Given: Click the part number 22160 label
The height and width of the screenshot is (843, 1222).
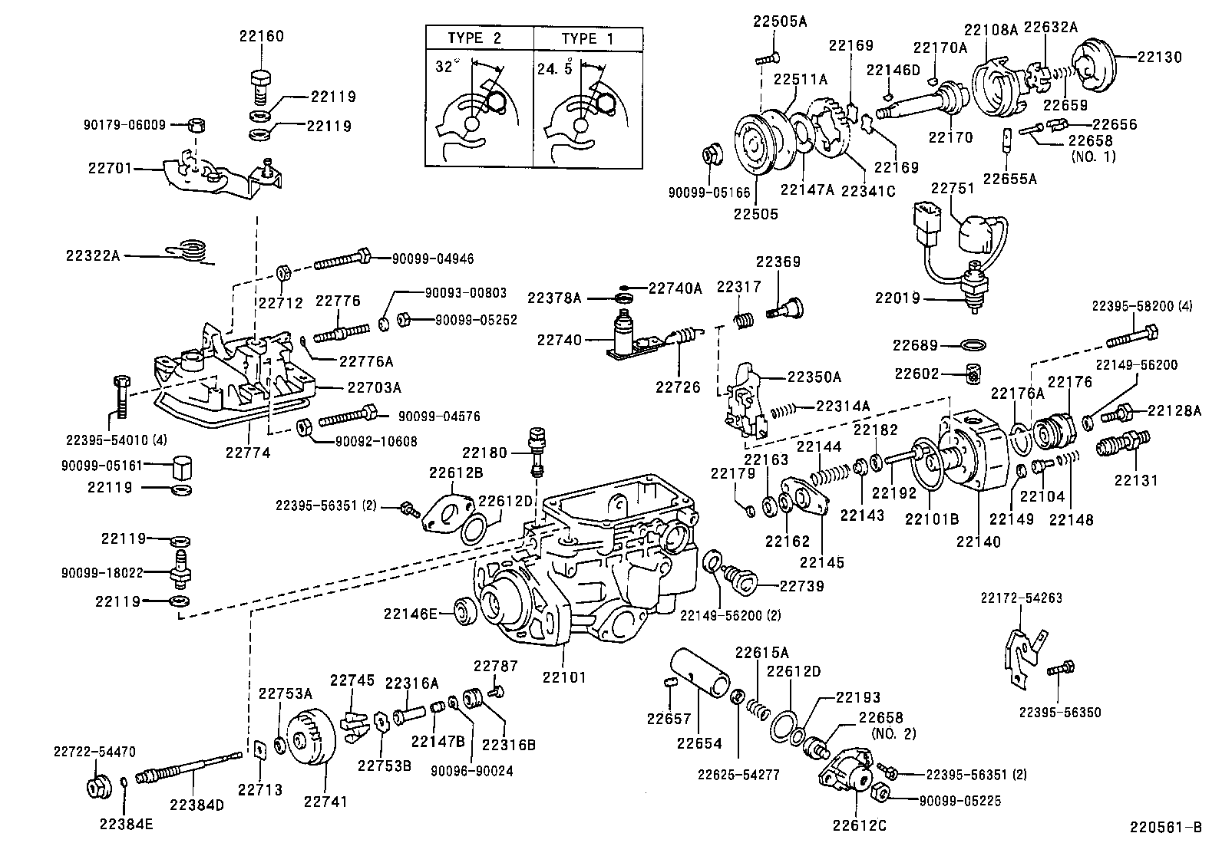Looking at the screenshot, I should click(x=261, y=35).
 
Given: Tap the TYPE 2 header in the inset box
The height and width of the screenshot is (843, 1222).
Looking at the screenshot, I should click(x=476, y=38).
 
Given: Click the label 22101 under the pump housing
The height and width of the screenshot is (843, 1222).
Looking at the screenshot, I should click(x=564, y=677).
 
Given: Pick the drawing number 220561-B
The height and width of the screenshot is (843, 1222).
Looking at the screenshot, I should click(x=1164, y=827).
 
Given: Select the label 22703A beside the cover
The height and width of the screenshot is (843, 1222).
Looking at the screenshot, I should click(x=374, y=388).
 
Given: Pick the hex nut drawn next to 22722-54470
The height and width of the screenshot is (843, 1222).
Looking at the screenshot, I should click(x=96, y=787).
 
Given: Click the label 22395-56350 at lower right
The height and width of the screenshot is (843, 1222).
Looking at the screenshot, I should click(x=1060, y=713).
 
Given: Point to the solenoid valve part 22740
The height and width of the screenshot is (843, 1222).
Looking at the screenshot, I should click(x=626, y=336).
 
